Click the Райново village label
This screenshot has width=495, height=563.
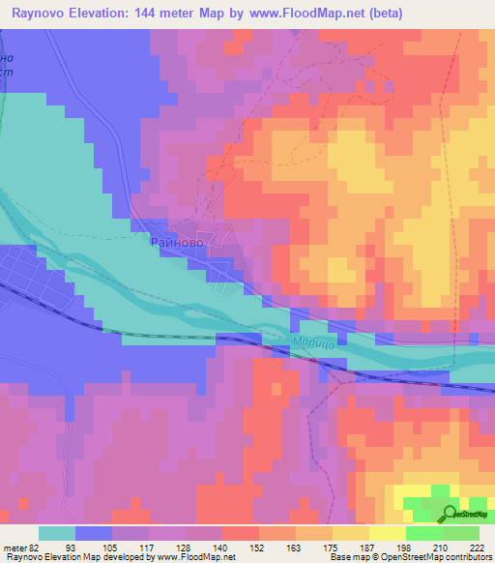coord(176,245)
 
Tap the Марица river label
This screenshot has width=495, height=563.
coord(312,344)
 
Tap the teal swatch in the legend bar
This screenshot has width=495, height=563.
coord(57,533)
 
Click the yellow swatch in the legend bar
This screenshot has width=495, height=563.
coord(386,533)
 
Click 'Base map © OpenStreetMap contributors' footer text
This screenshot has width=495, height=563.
coord(407,557)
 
